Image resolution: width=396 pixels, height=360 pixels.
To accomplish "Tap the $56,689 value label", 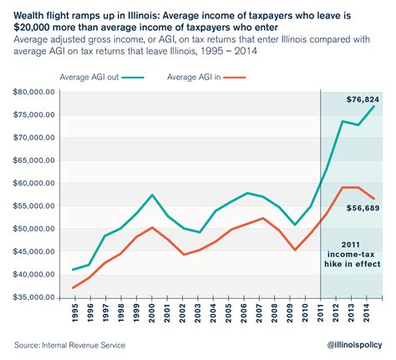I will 363,209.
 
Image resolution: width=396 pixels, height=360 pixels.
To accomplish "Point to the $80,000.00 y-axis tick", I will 33,91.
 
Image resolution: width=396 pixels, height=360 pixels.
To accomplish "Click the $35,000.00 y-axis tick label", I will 33,297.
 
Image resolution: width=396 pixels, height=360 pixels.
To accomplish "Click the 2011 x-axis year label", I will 321,315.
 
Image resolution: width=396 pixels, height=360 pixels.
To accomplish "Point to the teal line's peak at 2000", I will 152,195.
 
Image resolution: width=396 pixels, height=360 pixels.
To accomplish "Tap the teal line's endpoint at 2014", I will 373,106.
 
